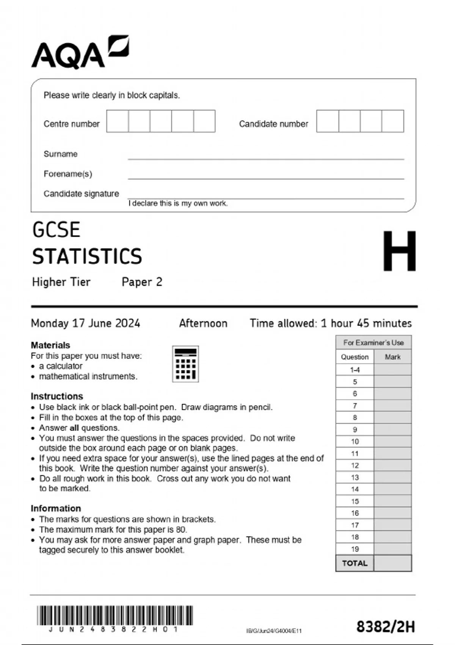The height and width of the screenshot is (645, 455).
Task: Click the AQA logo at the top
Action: point(80,52)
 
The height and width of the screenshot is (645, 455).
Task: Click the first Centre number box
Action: point(118,121)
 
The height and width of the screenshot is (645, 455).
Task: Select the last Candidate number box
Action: point(393,121)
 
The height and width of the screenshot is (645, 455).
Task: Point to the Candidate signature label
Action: point(81,193)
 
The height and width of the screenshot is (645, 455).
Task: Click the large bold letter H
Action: point(399,251)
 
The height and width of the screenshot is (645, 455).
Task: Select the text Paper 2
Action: point(142,282)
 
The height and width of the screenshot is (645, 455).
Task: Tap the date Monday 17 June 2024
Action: point(85,323)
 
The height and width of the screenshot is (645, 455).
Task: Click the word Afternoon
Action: point(203,323)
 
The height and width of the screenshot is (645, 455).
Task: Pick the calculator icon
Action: point(185,364)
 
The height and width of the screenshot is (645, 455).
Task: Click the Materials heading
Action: point(50,345)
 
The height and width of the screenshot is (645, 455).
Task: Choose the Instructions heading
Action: point(57,396)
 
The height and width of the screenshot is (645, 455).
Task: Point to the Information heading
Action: point(56,508)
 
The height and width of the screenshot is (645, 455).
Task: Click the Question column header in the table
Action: point(355,357)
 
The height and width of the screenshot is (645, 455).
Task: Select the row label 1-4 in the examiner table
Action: point(355,370)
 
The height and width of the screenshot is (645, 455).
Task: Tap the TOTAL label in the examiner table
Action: point(355,563)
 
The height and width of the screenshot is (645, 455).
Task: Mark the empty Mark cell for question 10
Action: point(392,442)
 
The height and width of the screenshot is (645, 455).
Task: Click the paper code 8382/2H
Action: point(385,627)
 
